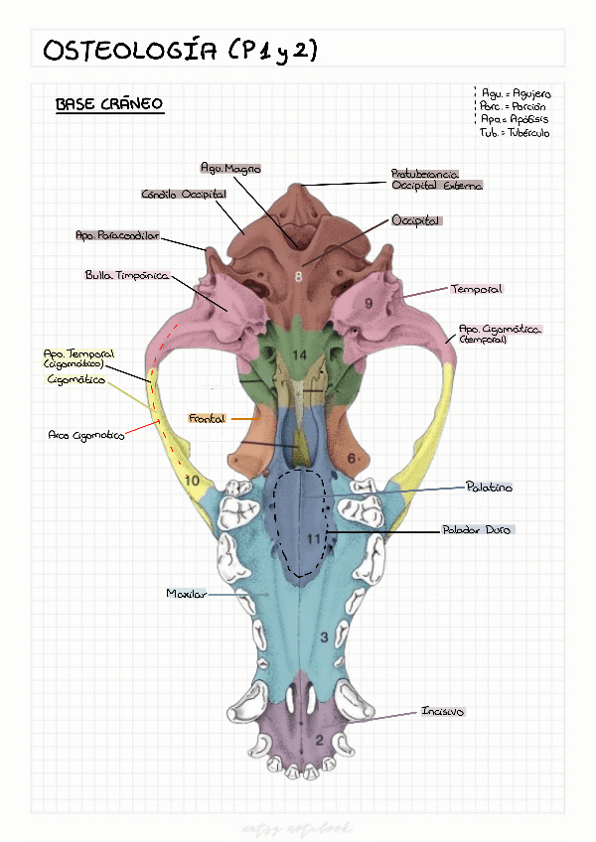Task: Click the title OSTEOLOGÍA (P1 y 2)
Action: tap(180, 51)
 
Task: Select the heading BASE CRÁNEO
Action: tap(109, 104)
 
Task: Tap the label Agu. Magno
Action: tap(230, 169)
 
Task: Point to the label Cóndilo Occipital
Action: tap(184, 195)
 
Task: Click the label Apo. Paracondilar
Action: tap(117, 236)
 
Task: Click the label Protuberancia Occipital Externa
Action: tap(437, 180)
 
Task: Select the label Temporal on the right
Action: tap(477, 289)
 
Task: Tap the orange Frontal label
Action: tap(207, 419)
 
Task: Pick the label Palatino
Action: tap(490, 487)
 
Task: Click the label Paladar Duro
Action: tap(476, 530)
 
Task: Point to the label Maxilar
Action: tap(186, 594)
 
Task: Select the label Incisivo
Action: tap(443, 712)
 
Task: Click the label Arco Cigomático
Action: tap(86, 435)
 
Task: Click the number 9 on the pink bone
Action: tap(369, 303)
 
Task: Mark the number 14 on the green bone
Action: tap(298, 355)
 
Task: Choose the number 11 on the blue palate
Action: tap(316, 538)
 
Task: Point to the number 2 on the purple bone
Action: tap(319, 739)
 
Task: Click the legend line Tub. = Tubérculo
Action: tap(514, 132)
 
